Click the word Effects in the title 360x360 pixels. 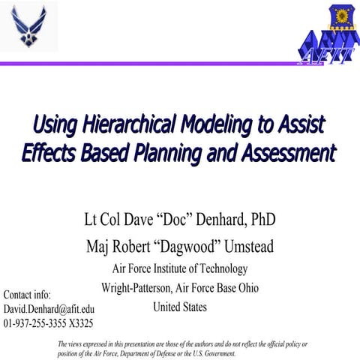pyautogui.click(x=48, y=153)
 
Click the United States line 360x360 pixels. pyautogui.click(x=180, y=307)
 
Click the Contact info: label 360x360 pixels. pyautogui.click(x=27, y=294)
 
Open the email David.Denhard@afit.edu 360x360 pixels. pyautogui.click(x=49, y=309)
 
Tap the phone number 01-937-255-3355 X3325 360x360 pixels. pyautogui.click(x=48, y=323)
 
